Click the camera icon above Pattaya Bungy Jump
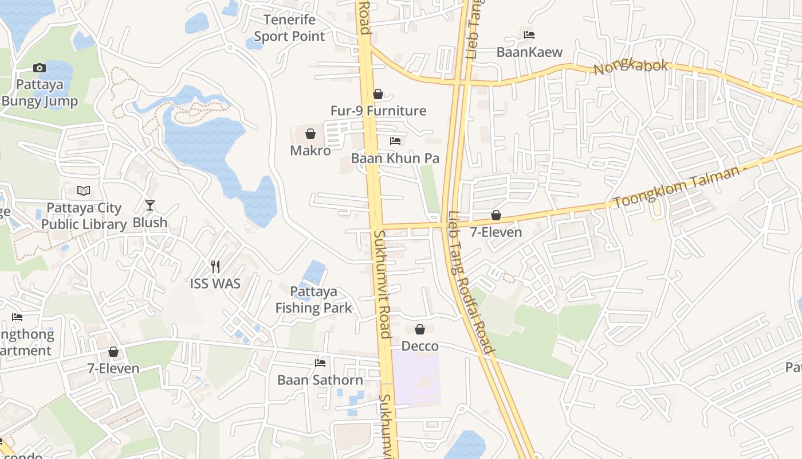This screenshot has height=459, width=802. click(x=40, y=68)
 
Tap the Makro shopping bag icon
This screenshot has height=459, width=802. click(x=310, y=134)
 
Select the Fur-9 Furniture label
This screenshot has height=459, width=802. click(x=378, y=111)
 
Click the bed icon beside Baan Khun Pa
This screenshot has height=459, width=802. click(x=395, y=141)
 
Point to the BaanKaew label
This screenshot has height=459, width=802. click(x=529, y=52)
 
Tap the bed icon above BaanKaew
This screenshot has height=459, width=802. click(x=529, y=35)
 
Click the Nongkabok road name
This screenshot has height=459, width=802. click(x=631, y=67)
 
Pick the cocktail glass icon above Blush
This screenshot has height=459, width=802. click(x=150, y=205)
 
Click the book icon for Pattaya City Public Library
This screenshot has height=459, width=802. click(x=84, y=190)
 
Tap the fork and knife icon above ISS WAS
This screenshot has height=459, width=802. click(x=215, y=266)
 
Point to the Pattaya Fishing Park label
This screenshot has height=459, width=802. click(x=313, y=299)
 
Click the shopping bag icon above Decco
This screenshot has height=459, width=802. click(x=420, y=329)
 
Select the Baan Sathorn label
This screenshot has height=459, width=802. click(x=320, y=380)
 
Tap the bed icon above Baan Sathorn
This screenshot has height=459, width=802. click(x=320, y=363)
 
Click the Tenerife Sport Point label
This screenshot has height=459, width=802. click(x=289, y=28)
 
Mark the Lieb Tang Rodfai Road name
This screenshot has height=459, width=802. click(x=470, y=281)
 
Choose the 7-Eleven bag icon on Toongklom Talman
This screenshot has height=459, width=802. click(x=496, y=215)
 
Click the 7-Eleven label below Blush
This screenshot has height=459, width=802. click(x=113, y=368)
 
